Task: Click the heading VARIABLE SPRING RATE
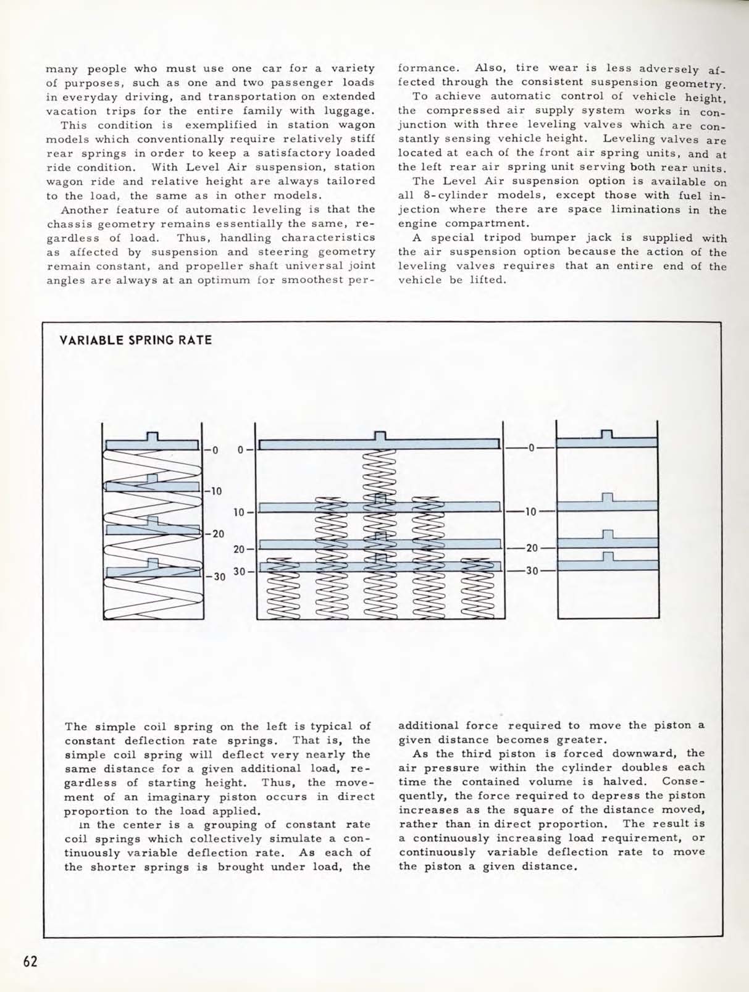[136, 340]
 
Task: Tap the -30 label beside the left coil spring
[216, 577]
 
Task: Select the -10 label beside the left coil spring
[214, 491]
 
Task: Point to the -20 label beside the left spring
[215, 534]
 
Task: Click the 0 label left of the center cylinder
[241, 449]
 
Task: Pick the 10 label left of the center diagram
[240, 512]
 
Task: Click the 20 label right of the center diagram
[532, 548]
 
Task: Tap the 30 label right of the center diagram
[532, 571]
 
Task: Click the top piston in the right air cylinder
[607, 441]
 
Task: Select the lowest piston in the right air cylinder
[607, 564]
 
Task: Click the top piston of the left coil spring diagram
[152, 443]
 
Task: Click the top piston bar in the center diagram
[379, 443]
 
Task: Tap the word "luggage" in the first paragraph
[349, 111]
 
